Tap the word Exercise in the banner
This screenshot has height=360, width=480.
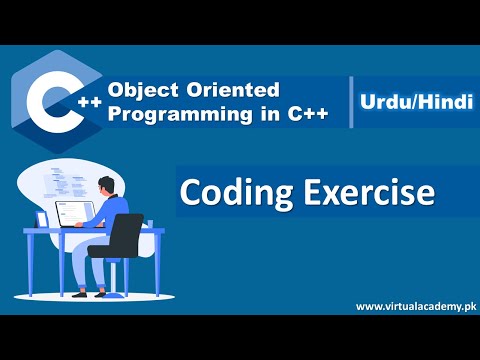point(329,192)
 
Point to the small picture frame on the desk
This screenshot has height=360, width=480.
point(42,220)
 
